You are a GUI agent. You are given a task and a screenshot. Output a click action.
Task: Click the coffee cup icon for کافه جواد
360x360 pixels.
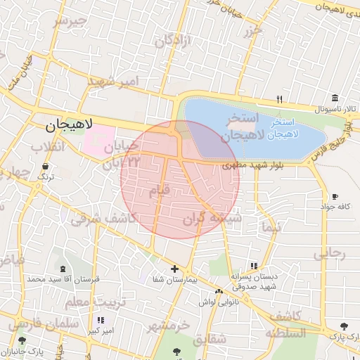(x=335, y=196)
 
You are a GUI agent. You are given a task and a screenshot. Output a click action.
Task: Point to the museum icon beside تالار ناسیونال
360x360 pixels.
(x=335, y=97)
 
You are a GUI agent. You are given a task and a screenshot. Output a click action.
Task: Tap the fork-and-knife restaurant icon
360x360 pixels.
(x=279, y=98)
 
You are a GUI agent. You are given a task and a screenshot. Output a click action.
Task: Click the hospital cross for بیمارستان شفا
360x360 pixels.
(x=175, y=269)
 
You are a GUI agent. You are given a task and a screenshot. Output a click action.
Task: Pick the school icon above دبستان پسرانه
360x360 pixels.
(x=254, y=266)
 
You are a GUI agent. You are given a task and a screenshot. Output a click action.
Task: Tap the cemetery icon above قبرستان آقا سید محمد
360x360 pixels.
(x=63, y=269)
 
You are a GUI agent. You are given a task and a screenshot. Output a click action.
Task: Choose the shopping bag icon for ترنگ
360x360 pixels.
(x=46, y=167)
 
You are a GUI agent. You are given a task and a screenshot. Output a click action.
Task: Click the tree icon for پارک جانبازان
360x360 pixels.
(x=22, y=340)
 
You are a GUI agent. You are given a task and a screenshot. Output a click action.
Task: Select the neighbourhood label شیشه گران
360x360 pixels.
(x=212, y=219)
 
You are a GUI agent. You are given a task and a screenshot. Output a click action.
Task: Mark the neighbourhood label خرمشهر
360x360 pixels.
(x=169, y=326)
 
